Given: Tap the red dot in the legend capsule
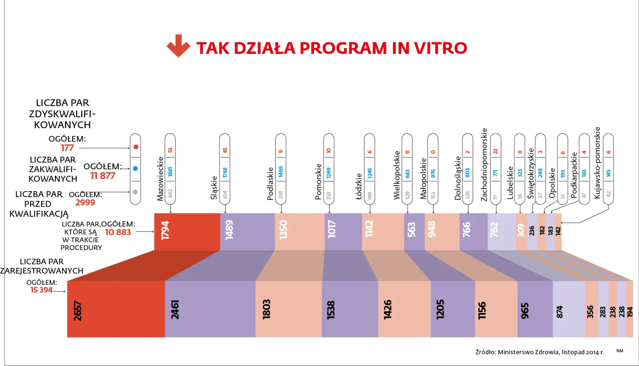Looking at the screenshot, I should point(136,147).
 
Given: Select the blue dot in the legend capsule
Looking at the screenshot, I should point(136,168).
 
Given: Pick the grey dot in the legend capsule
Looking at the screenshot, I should point(136,192).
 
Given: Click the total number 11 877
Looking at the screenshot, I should point(103,176).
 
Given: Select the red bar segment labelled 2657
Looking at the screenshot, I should point(116,309).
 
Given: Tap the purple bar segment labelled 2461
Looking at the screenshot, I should point(210,309).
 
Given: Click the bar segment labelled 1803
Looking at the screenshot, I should point(288,309).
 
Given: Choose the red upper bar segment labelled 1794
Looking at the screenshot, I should point(187,232).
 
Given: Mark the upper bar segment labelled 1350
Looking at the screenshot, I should point(299,232).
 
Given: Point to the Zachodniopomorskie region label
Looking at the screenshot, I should point(484,164).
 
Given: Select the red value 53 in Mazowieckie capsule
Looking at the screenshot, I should point(170,150).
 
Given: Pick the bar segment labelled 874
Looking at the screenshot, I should point(569,309).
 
